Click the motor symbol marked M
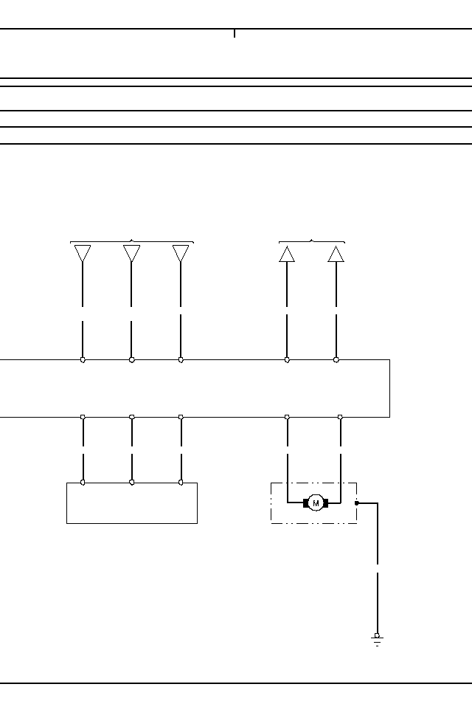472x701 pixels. (x=316, y=503)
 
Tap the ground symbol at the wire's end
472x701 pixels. (x=377, y=640)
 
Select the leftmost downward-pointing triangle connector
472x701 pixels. (x=83, y=254)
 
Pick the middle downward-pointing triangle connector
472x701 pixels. (x=132, y=254)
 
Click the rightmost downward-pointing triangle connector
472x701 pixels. (x=181, y=254)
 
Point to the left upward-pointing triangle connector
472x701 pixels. (x=287, y=254)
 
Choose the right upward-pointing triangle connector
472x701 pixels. (x=336, y=254)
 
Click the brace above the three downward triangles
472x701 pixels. (x=131, y=241)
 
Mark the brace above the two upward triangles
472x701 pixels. (x=311, y=241)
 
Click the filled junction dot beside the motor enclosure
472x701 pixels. (x=357, y=503)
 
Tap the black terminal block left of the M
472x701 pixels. (x=306, y=503)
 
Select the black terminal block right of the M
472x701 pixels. (x=325, y=503)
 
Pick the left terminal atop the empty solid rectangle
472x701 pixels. (x=83, y=483)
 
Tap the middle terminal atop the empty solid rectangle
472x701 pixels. (x=132, y=483)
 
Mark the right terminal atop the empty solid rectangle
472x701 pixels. (x=181, y=483)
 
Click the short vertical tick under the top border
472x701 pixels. (x=235, y=34)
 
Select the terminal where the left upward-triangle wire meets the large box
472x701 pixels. (x=287, y=360)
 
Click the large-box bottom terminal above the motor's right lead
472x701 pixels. (x=340, y=417)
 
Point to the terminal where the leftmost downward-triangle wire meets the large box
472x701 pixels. (x=83, y=360)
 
